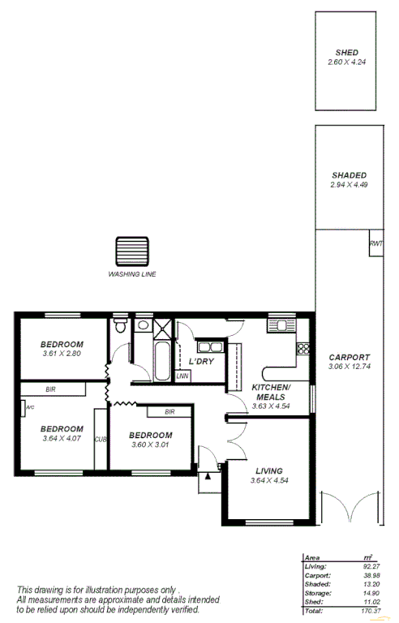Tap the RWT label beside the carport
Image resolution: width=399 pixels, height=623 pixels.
coord(375,244)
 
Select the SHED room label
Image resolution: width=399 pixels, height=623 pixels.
coord(347,53)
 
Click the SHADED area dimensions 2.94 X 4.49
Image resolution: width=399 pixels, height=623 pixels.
coord(349,185)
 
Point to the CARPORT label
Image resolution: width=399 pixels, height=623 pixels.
coord(349,357)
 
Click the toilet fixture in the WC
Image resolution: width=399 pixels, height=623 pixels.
coord(120,327)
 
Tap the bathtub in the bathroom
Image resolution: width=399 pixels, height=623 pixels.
coord(161,361)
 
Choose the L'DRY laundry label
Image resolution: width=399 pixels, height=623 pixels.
coord(201,361)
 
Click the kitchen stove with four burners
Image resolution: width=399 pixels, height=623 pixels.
coord(303,349)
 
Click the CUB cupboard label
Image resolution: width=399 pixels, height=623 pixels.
coord(101,440)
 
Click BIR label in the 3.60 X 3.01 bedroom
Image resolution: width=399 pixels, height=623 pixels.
coord(169,412)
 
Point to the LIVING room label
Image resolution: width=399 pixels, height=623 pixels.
coord(268,470)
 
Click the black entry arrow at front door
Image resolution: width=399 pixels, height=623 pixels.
coord(208,477)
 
